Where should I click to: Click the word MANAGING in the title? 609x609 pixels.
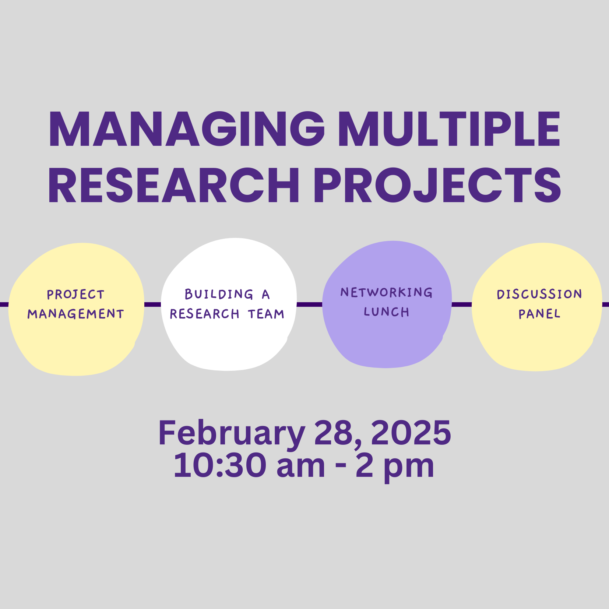pos(187,129)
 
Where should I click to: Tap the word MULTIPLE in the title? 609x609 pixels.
pos(450,129)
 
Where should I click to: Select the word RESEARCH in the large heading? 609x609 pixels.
pos(174,185)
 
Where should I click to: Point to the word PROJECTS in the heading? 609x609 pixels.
pos(437,185)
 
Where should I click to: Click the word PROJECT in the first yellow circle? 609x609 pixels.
pos(76,295)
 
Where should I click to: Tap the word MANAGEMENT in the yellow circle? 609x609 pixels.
pos(76,314)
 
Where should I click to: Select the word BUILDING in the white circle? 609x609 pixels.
pos(219,294)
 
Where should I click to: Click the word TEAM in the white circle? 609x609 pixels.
pos(266,314)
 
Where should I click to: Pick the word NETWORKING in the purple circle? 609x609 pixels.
pos(387,292)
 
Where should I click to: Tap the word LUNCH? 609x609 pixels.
pos(387,312)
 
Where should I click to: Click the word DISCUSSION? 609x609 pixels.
pos(539,294)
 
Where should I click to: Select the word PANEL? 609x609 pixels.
pos(539,314)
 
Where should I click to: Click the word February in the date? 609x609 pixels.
pos(232,434)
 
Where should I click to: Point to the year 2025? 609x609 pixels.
pos(411,433)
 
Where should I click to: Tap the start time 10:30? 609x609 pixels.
pos(220,465)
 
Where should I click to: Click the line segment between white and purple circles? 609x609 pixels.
pos(309,304)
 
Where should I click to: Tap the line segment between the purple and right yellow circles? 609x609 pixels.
pos(462,304)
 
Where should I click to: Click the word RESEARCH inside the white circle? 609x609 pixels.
pos(204,314)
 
